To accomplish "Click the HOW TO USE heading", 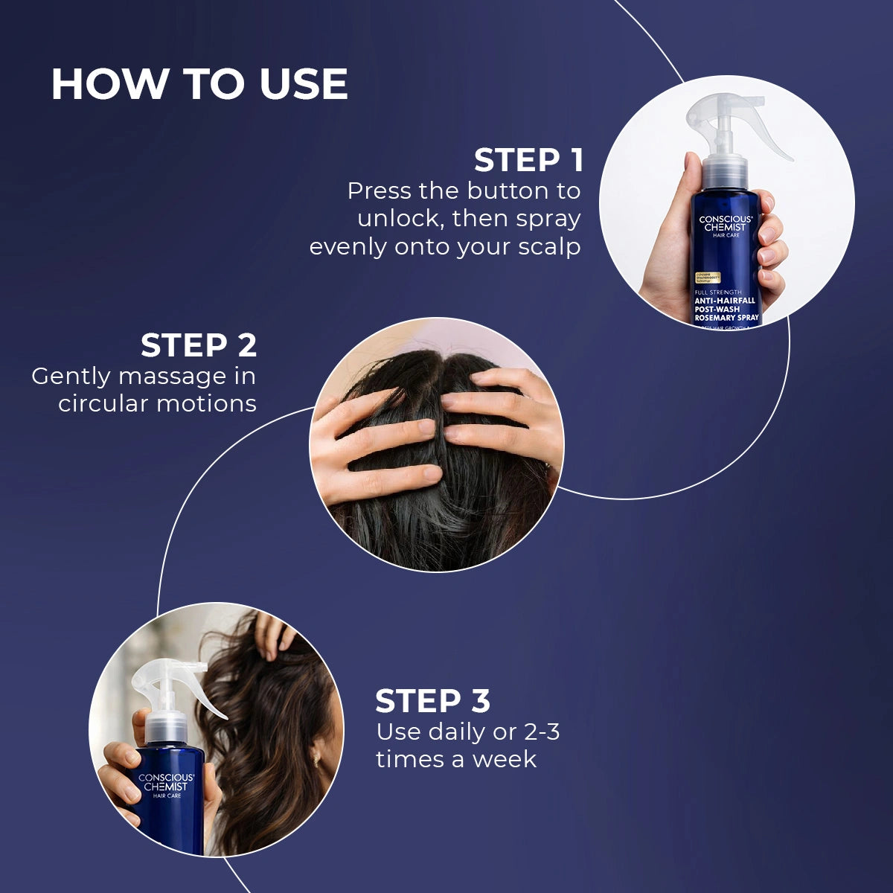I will pos(199,83).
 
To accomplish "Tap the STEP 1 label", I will pos(528,161).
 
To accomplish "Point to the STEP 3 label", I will pos(432,702).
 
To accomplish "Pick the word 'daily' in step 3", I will pos(457,732).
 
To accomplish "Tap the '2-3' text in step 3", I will pos(542,732).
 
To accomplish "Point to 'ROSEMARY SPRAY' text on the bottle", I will pos(726,318).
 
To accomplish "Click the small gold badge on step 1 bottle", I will pos(708,278).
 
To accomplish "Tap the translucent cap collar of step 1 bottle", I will pos(725,173).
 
